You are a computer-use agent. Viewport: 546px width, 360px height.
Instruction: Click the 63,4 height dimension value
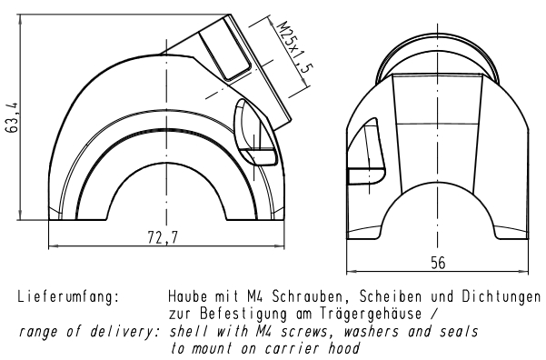click(x=13, y=117)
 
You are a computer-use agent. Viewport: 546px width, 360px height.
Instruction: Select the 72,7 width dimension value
click(x=163, y=238)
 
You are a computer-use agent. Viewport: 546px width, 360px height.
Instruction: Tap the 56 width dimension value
click(x=438, y=263)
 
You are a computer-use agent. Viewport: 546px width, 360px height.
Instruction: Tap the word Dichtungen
click(x=501, y=297)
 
